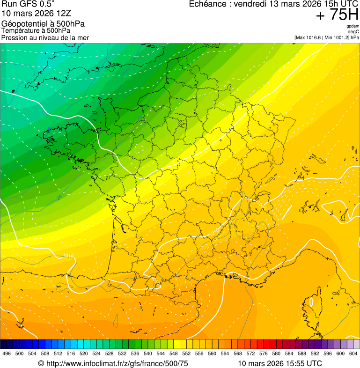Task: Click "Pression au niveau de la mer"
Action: pos(45,37)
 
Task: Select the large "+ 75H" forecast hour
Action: pos(337,15)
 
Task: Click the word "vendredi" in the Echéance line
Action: pos(252,4)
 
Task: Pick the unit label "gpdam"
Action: pos(353,26)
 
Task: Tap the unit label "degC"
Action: pos(353,32)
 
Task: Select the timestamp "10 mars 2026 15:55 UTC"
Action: pos(280,363)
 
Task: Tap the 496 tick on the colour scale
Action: pos(7,353)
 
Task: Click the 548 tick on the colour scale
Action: pos(173,353)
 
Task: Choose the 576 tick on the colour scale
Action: pos(264,353)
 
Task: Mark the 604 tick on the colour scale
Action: pos(353,353)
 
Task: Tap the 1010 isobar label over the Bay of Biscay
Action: pos(68,256)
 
